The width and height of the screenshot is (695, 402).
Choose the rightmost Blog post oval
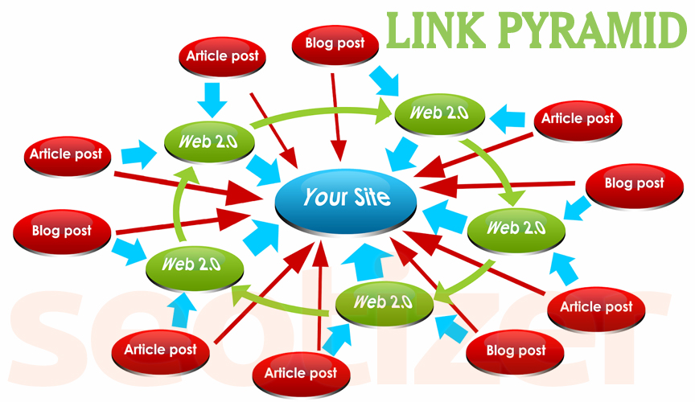click(x=634, y=184)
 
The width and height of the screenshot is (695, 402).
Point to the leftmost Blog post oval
click(x=61, y=232)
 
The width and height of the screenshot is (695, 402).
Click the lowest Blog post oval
click(x=516, y=351)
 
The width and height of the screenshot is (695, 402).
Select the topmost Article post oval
click(x=223, y=57)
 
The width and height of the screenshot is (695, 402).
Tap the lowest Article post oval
click(x=300, y=374)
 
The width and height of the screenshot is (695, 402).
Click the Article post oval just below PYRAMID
click(x=578, y=119)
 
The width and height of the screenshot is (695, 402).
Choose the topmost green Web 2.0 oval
click(x=439, y=113)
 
